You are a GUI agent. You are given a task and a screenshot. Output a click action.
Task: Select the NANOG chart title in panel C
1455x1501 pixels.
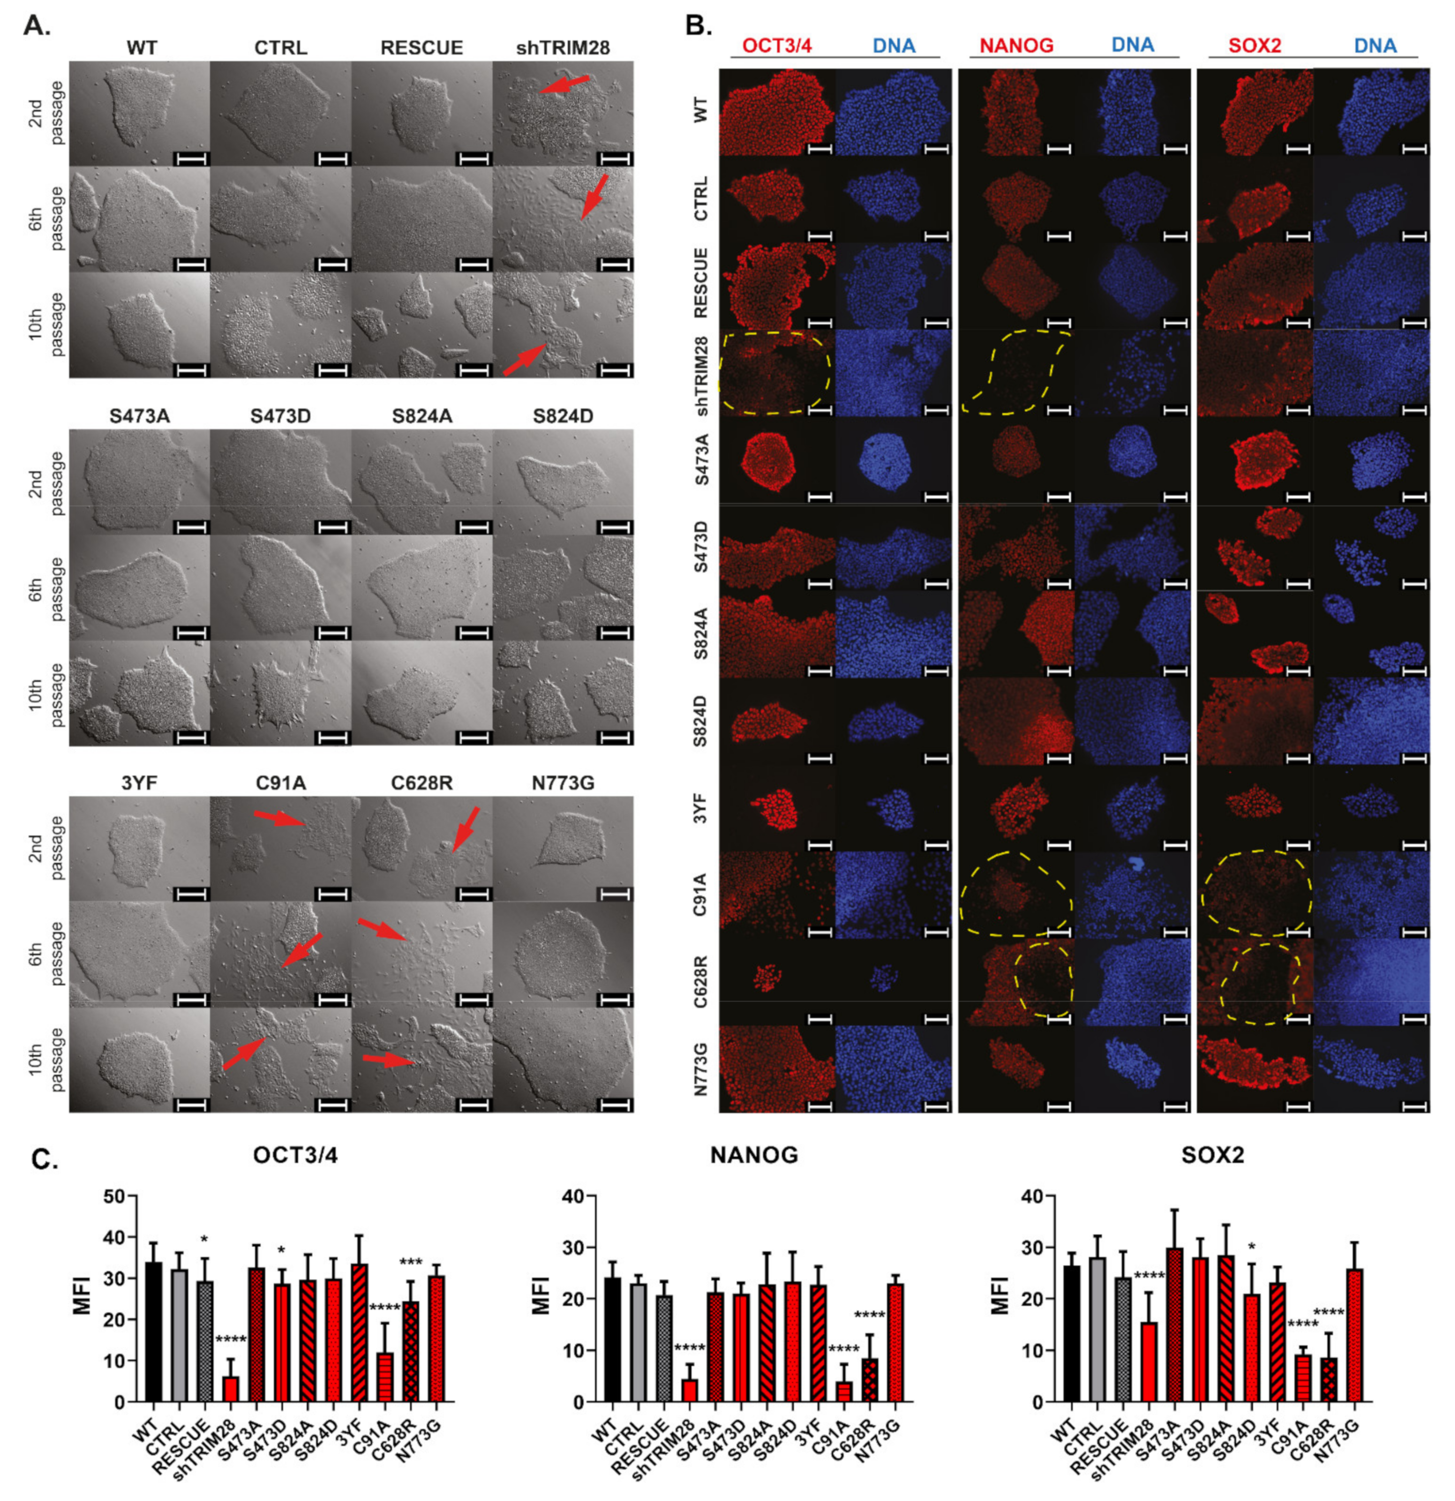coord(754,1154)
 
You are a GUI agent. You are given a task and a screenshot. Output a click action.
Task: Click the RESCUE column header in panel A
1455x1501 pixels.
coord(421,47)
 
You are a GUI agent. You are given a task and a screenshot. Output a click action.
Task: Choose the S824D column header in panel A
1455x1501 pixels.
coord(563,416)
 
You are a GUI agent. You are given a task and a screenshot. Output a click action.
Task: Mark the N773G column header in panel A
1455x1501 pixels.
coord(563,783)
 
